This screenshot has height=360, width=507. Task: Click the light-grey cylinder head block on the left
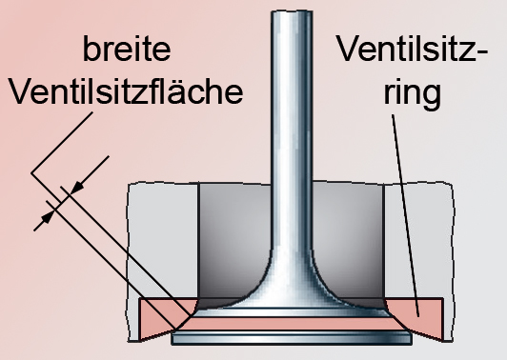click(162, 238)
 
